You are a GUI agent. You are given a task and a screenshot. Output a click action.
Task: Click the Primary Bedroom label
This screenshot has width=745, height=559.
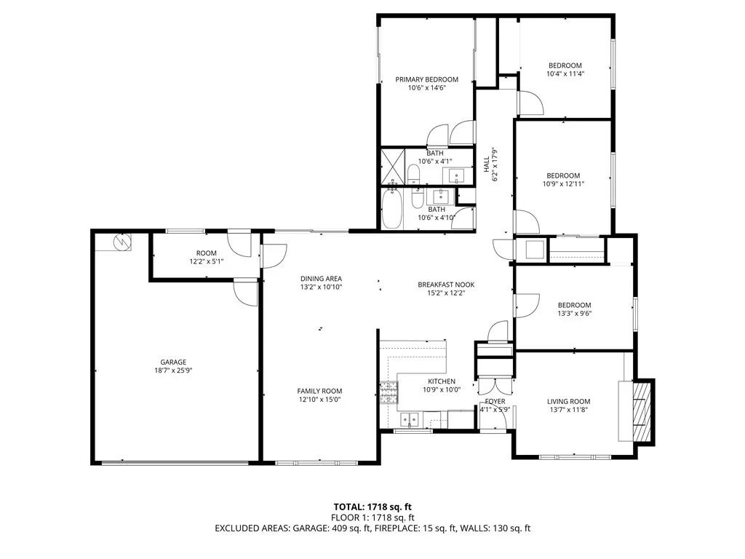[426, 79]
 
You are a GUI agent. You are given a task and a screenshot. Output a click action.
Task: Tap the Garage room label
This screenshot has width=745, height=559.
[173, 362]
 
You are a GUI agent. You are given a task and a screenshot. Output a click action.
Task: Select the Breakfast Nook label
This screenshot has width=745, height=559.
[446, 285]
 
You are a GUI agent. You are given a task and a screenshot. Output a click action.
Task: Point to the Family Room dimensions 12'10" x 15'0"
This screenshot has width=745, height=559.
[320, 400]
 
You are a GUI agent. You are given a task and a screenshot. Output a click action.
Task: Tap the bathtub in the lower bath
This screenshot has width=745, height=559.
[392, 209]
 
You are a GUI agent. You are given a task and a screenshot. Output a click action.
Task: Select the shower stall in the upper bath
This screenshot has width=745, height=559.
[393, 166]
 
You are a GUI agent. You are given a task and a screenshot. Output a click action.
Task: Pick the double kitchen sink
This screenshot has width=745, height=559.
[410, 419]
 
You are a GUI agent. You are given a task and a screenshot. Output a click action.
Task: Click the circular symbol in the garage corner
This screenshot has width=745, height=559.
[122, 242]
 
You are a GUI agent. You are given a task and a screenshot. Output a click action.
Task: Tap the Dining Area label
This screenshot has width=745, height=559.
[321, 279]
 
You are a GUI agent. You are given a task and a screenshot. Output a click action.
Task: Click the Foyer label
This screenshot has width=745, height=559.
[495, 402]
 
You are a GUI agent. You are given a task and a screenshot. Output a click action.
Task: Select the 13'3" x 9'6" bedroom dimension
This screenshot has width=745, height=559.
[575, 313]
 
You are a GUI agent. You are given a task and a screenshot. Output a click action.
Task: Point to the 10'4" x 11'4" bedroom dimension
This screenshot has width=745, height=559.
[565, 74]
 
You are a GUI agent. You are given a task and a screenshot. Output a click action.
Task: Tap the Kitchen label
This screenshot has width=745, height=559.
[442, 381]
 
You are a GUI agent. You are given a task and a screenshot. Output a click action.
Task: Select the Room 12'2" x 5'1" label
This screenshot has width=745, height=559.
[206, 257]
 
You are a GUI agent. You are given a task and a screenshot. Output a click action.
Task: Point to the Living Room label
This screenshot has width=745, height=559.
[568, 402]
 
